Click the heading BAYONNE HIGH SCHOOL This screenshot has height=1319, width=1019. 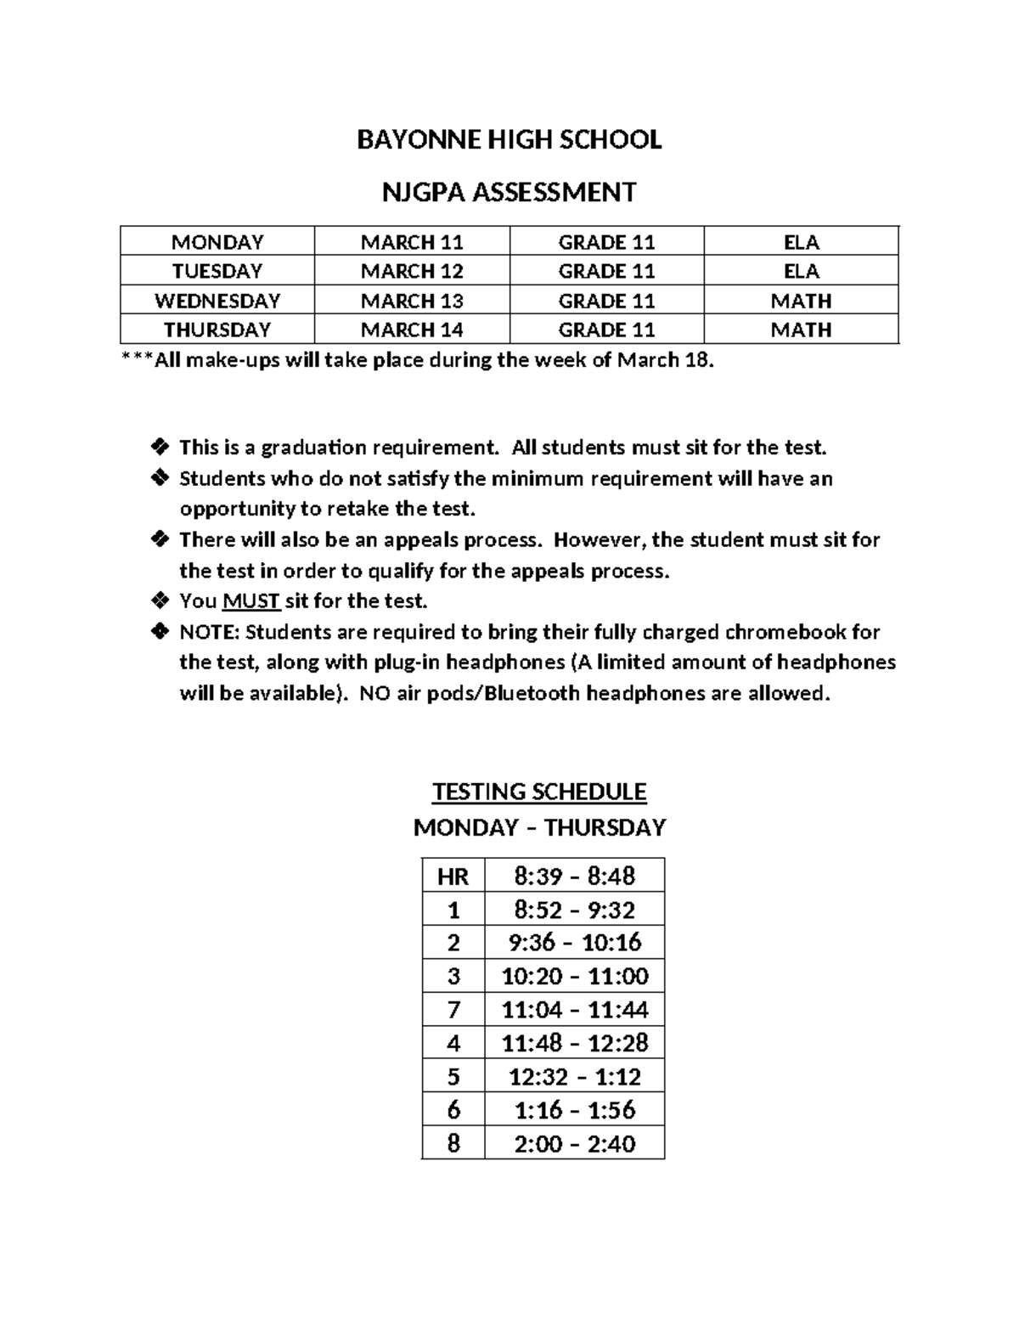pos(509,140)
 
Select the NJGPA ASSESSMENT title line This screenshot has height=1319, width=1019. pos(509,193)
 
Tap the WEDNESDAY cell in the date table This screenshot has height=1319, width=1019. pos(217,301)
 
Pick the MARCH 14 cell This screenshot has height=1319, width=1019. pos(412,330)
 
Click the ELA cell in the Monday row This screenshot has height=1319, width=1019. pos(801,242)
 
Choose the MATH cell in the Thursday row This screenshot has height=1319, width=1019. pos(801,330)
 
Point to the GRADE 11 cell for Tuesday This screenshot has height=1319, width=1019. pos(606,272)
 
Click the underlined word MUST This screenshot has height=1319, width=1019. pos(251,601)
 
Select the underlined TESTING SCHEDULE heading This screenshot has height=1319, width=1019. pos(539,792)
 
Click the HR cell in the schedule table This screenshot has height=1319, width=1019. pos(453,877)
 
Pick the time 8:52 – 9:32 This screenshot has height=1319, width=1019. pos(574,910)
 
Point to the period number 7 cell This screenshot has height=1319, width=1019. pos(453,1010)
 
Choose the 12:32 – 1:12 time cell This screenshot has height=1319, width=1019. pos(574,1077)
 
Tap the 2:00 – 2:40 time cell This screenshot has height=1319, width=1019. pos(574,1144)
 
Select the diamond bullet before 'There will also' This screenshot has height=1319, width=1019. pos(159,539)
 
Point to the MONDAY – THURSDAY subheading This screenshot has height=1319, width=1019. pos(539,827)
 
